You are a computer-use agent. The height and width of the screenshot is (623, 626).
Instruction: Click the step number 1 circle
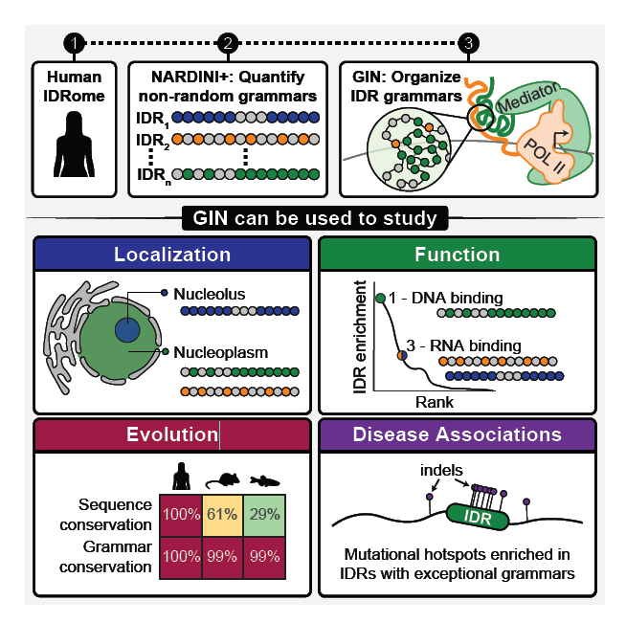pos(75,43)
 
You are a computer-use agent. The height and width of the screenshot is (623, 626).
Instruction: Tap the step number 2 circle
pos(227,43)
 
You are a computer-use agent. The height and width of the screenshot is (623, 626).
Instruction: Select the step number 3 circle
pos(468,43)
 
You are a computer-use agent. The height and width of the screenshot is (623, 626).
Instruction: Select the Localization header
pos(172,255)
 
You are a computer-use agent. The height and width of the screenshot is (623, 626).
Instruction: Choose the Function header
pos(457,255)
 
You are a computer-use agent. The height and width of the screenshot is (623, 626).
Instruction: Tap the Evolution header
pos(172,434)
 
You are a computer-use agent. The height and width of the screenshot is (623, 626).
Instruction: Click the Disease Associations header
pos(457,434)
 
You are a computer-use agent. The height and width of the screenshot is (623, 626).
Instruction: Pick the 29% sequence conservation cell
pos(264,513)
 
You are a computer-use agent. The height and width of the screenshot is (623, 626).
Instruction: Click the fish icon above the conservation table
pos(264,480)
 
